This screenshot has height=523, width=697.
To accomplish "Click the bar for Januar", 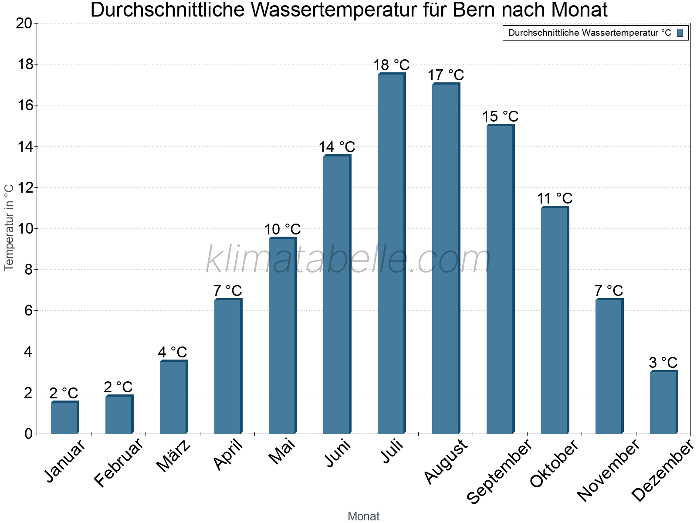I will tap(64, 418).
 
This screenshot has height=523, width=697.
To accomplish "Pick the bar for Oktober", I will tap(554, 320).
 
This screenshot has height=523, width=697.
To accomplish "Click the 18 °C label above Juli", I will tap(391, 65).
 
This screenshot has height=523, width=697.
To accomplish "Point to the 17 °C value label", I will tap(446, 75).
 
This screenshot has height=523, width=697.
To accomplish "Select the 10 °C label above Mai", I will tap(282, 229).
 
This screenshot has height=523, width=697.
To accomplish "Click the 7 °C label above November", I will tap(609, 291).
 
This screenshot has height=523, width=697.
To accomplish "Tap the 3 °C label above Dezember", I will tap(663, 363).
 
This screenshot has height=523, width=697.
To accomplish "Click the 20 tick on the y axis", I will tap(24, 24).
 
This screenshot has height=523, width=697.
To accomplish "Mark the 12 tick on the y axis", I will tap(24, 188).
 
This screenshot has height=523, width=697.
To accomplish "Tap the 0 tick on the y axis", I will tap(28, 434).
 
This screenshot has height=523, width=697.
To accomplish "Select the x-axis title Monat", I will tap(363, 516).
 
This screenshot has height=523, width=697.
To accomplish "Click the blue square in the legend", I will tap(680, 33).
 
